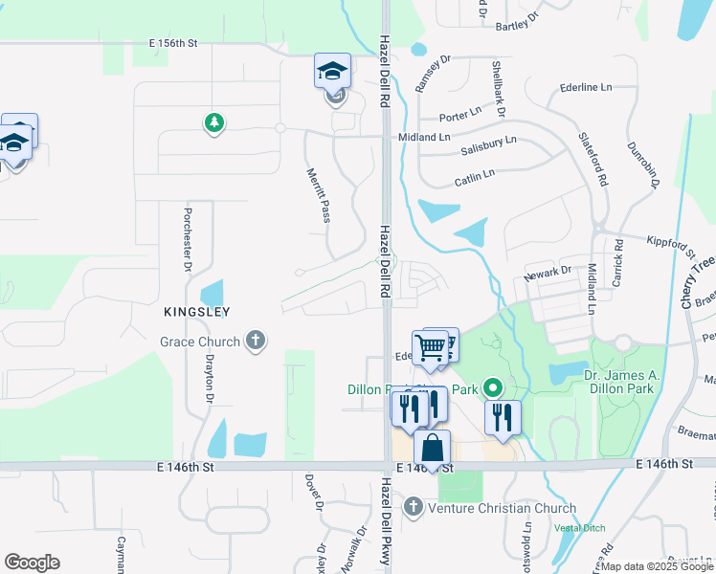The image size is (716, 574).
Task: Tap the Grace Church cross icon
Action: tap(255, 341)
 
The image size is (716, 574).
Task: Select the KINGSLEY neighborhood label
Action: tap(196, 312)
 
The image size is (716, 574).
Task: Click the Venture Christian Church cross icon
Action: tap(414, 506)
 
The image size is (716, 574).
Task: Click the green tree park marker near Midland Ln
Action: tap(214, 122)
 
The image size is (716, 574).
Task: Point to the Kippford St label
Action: tap(670, 246)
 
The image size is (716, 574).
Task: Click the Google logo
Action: tap(32, 563)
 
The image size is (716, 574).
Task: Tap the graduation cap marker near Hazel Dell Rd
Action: tap(332, 70)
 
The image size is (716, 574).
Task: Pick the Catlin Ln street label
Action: tap(474, 175)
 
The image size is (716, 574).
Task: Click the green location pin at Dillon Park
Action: tap(493, 387)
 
